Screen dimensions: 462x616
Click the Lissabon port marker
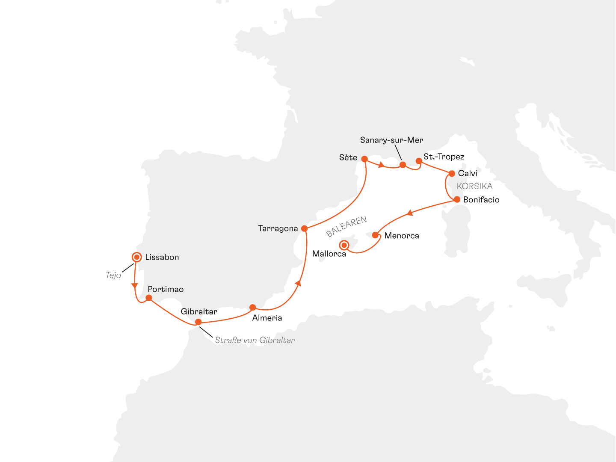click(x=136, y=257)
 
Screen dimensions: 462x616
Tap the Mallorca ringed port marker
click(x=344, y=245)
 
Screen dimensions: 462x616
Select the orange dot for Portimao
click(x=149, y=298)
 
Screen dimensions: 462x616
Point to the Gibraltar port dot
click(x=198, y=322)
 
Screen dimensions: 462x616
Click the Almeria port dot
click(x=252, y=307)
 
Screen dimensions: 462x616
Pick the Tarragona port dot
click(x=304, y=228)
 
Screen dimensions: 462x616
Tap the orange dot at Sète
click(x=364, y=159)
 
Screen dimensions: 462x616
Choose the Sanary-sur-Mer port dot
click(x=403, y=165)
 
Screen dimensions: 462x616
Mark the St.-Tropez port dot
click(x=419, y=161)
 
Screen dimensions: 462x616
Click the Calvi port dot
click(x=452, y=174)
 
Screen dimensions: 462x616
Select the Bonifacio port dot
click(x=457, y=199)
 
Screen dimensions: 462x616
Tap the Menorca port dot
click(x=375, y=235)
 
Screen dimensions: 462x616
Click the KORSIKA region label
click(x=474, y=186)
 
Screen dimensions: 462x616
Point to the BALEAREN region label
click(x=346, y=227)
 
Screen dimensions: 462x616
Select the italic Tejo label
click(x=113, y=275)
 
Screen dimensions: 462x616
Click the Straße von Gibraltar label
click(x=255, y=340)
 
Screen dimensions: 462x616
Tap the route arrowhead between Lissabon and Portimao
click(x=135, y=285)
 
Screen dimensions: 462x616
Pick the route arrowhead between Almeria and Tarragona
click(x=299, y=283)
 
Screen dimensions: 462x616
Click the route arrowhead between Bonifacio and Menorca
click(x=409, y=213)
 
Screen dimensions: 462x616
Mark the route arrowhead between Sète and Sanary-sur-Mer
click(x=381, y=165)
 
